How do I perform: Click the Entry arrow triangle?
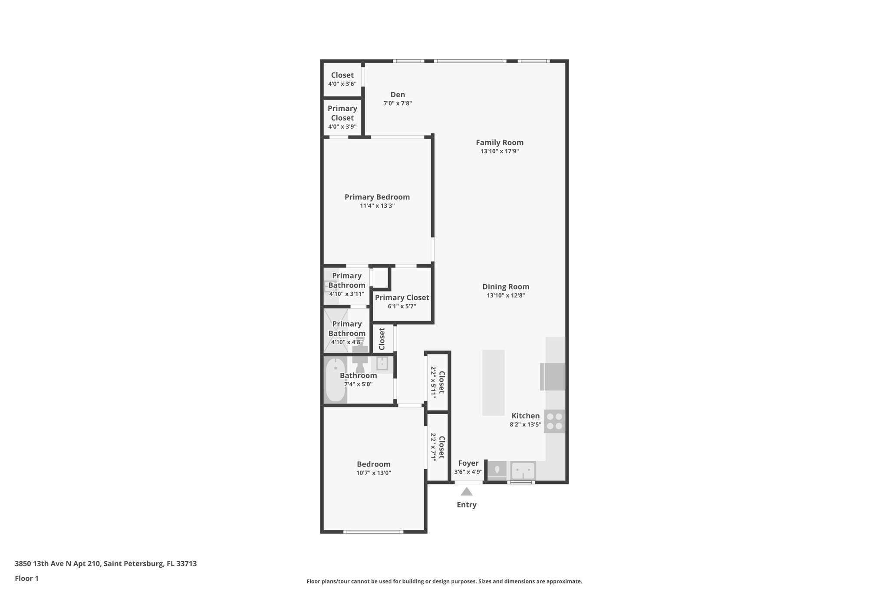coord(466,492)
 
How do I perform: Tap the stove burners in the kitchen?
coord(554,421)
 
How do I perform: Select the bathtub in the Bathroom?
coord(336,380)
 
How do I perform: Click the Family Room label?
coord(499,142)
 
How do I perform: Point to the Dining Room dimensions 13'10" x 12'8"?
coord(506,295)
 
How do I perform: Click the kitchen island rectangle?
coord(493,382)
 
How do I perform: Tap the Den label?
coord(398,95)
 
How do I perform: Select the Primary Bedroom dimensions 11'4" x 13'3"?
coord(377,206)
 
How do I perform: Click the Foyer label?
coord(468,464)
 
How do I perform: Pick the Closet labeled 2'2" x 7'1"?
coord(438,447)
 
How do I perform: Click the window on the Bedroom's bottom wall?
coord(373,531)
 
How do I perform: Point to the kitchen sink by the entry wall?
coord(523,470)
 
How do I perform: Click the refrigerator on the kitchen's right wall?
coord(553,377)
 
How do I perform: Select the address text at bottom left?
coord(105,563)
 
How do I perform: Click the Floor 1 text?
coord(26,578)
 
